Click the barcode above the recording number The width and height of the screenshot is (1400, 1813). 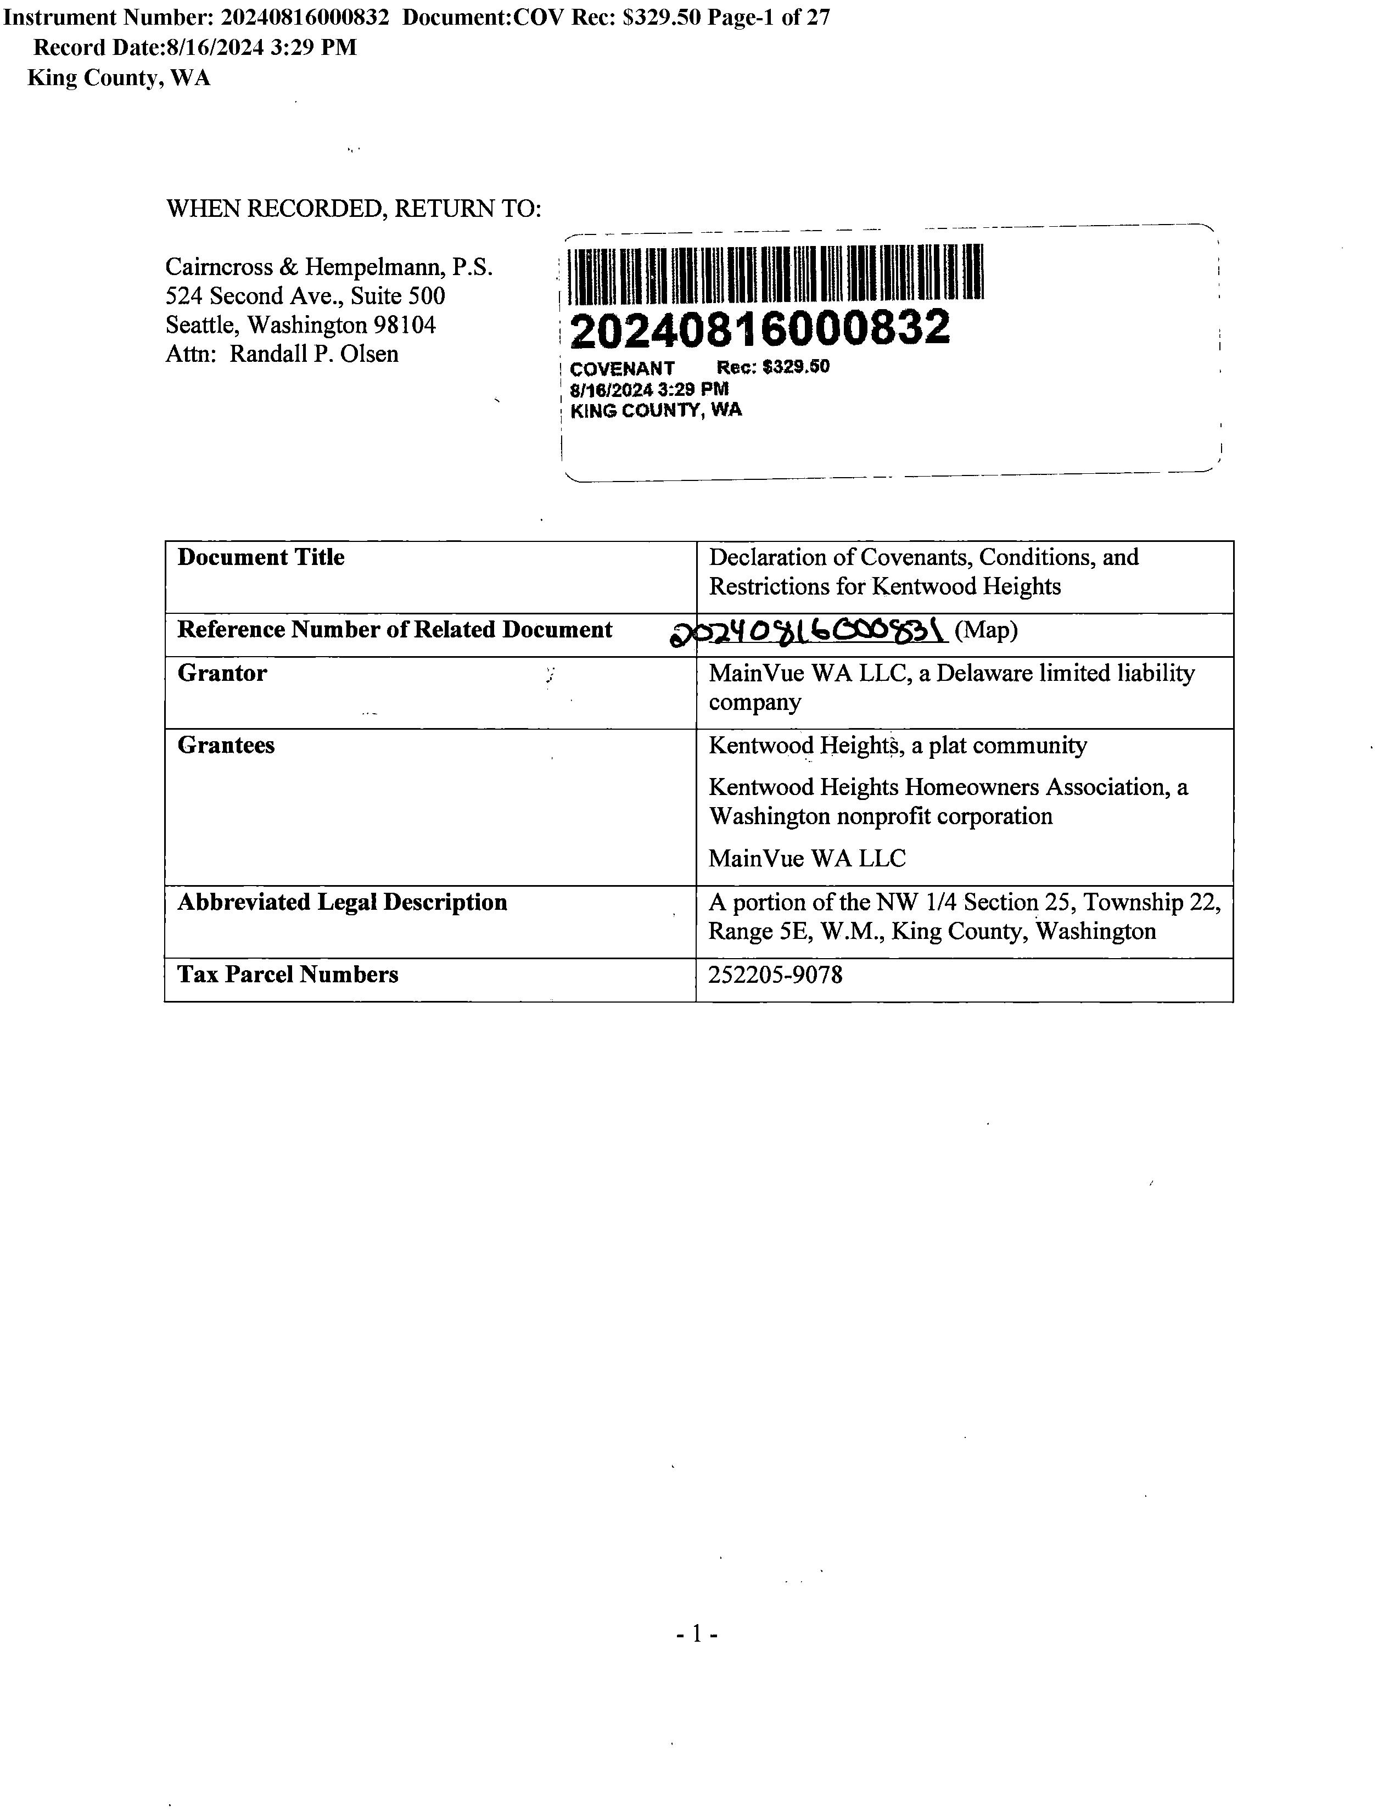pyautogui.click(x=777, y=272)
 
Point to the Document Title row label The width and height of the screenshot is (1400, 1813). pyautogui.click(x=261, y=557)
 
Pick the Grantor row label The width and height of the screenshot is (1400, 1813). pyautogui.click(x=222, y=673)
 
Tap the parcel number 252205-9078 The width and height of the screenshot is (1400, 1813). pyautogui.click(x=775, y=975)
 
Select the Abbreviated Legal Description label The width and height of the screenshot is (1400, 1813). pyautogui.click(x=342, y=902)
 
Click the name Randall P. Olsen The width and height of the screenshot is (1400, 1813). pyautogui.click(x=313, y=354)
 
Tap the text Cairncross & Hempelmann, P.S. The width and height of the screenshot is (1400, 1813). pyautogui.click(x=329, y=267)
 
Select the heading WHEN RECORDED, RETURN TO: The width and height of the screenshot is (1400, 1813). pyautogui.click(x=354, y=208)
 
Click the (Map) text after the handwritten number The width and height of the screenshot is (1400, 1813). pyautogui.click(x=986, y=631)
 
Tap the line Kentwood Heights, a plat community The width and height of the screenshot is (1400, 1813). pyautogui.click(x=897, y=746)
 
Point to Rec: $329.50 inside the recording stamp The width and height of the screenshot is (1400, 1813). pyautogui.click(x=772, y=367)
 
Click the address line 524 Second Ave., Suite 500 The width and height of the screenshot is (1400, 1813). pyautogui.click(x=305, y=296)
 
